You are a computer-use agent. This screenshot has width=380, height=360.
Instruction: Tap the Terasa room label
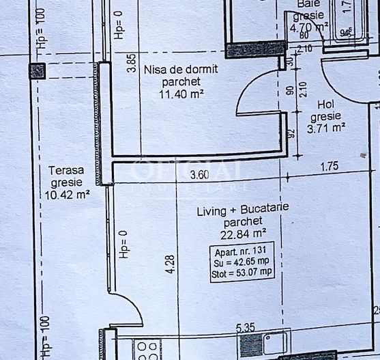(x=65, y=170)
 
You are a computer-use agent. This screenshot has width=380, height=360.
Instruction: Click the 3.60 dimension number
(x=199, y=175)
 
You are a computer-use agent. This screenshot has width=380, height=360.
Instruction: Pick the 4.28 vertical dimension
(x=170, y=265)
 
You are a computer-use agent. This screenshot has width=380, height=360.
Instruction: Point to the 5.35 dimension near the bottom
(x=246, y=329)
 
